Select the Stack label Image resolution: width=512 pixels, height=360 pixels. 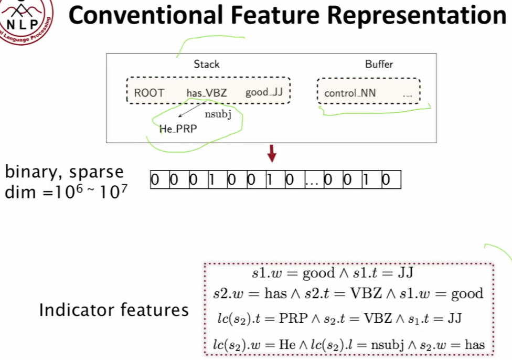pos(207,64)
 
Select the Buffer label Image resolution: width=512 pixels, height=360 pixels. pos(379,64)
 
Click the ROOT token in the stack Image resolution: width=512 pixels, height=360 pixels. pos(149,93)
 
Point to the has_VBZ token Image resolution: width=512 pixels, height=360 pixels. pos(207,93)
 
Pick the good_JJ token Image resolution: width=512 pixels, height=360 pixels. pos(264,93)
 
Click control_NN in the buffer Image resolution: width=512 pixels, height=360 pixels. pos(350,93)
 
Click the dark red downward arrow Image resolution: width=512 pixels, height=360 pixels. pos(272,154)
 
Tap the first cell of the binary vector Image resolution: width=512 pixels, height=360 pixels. pos(155,180)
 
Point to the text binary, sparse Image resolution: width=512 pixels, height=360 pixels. pos(64,172)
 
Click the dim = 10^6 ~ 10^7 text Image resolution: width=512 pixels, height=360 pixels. pos(64,192)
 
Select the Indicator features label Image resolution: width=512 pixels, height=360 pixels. pos(113,310)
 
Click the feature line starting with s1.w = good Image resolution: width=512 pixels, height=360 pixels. pos(334,273)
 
